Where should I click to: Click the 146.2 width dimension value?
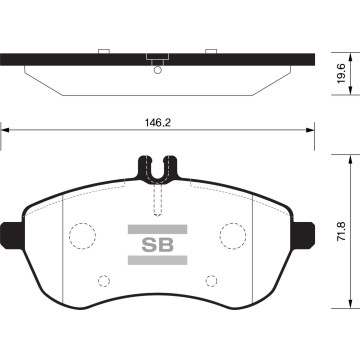pos(158,123)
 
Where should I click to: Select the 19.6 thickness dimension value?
pos(341,74)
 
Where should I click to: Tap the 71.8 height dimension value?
pos(341,232)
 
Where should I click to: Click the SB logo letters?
pos(158,245)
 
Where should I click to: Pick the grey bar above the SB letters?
pos(157,229)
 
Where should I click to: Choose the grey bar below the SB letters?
pos(157,260)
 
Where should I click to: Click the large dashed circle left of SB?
pos(83,236)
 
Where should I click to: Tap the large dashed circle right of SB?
pos(233,236)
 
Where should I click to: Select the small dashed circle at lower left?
pos(104,281)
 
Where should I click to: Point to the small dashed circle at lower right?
pos(211,281)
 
